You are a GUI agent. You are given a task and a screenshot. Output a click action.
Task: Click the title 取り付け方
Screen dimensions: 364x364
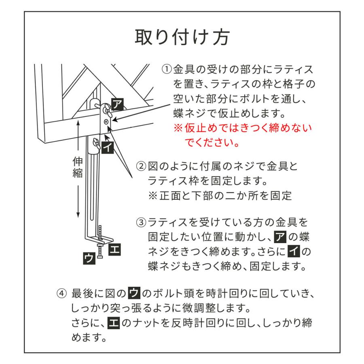182,38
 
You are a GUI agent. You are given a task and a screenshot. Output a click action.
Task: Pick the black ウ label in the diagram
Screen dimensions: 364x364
88,258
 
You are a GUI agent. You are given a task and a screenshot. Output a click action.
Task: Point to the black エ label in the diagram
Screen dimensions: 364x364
115,248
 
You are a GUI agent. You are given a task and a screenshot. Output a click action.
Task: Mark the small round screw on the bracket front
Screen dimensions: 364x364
106,122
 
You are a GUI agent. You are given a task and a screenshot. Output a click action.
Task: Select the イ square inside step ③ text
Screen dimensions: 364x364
293,251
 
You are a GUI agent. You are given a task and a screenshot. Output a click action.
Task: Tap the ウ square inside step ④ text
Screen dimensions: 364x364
133,292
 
